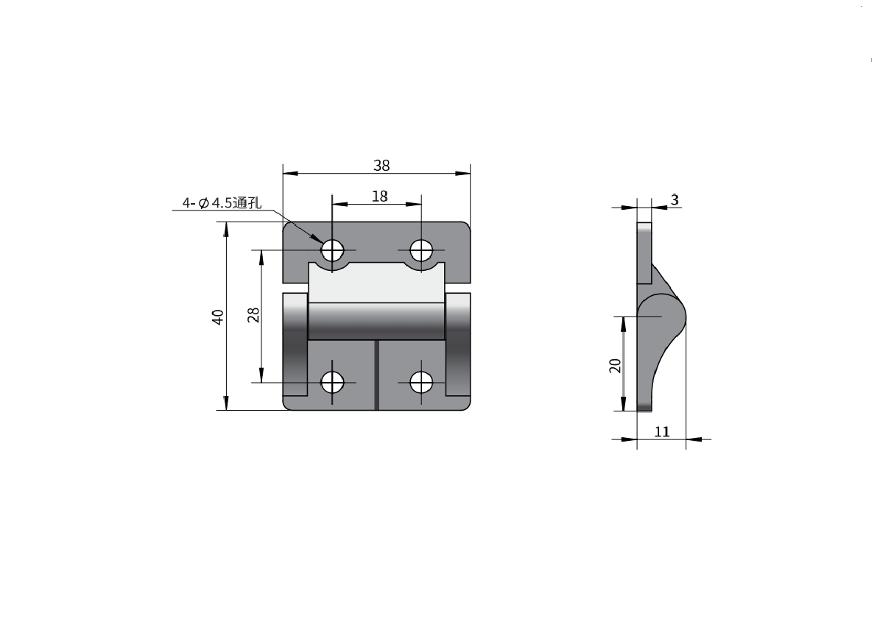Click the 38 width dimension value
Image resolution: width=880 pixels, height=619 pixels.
pyautogui.click(x=381, y=166)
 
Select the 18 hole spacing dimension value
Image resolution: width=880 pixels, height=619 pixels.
pyautogui.click(x=380, y=197)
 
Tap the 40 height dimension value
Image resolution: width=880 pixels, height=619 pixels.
pyautogui.click(x=218, y=316)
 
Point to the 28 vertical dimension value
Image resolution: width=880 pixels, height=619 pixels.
pyautogui.click(x=254, y=314)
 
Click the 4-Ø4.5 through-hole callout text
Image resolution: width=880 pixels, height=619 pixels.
pyautogui.click(x=222, y=202)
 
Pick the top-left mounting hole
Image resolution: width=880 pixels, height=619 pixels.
pyautogui.click(x=332, y=250)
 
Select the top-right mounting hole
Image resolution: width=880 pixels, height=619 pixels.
pyautogui.click(x=421, y=250)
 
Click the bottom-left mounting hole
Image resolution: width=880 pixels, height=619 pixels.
pyautogui.click(x=332, y=383)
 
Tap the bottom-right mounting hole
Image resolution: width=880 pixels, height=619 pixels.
pyautogui.click(x=421, y=383)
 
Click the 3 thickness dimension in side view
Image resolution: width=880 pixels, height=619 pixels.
pyautogui.click(x=675, y=199)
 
